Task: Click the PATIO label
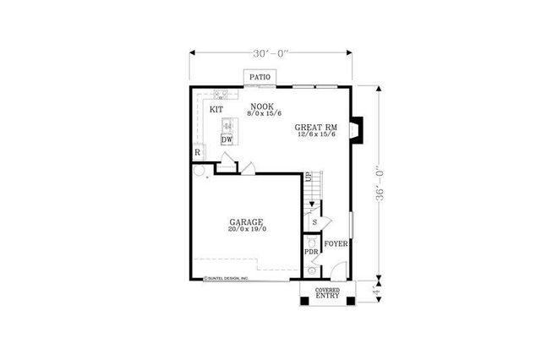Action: click(260, 78)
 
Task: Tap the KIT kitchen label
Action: click(216, 110)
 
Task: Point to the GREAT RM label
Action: click(315, 128)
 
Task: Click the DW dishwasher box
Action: click(227, 139)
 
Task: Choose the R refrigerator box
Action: click(197, 152)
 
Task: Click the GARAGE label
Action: click(246, 222)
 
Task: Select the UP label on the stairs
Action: click(309, 177)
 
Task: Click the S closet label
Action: click(314, 222)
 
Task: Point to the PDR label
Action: click(311, 252)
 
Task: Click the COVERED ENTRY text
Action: click(327, 293)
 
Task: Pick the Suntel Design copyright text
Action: click(226, 277)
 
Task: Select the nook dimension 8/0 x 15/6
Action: click(262, 112)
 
